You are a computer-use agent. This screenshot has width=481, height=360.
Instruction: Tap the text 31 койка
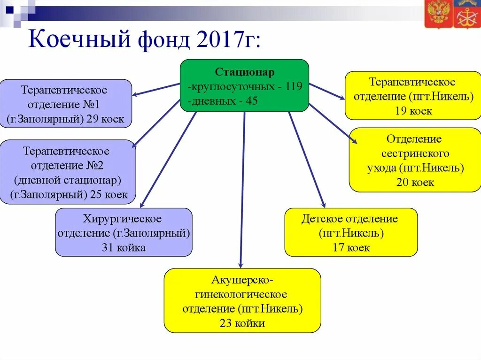coord(124,248)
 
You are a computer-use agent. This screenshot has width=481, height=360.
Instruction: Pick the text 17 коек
coord(351,247)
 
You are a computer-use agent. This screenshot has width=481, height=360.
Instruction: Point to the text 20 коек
coord(415,182)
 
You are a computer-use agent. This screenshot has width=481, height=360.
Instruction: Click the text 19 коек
coord(413,111)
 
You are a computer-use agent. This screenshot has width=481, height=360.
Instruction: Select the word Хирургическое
coord(123,219)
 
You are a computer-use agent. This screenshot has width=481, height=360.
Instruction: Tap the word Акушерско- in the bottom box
coord(242,280)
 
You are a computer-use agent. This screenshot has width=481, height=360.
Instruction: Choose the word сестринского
coord(415,153)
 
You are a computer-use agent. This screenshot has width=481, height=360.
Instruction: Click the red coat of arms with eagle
coord(439,14)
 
